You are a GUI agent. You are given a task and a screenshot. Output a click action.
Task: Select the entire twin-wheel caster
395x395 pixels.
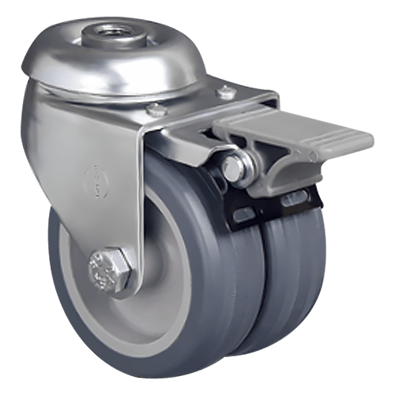click(x=197, y=197)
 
